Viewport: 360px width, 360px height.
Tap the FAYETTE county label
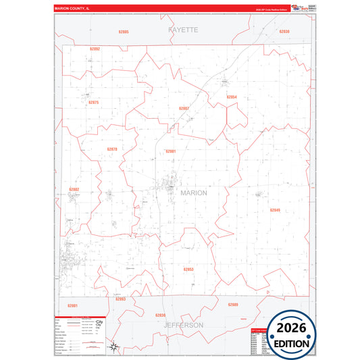click(x=184, y=30)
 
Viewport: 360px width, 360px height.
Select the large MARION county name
click(x=195, y=192)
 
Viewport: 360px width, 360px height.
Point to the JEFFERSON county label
click(x=183, y=325)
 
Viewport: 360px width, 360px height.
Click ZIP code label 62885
click(x=123, y=32)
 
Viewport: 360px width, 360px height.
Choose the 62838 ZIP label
click(x=284, y=32)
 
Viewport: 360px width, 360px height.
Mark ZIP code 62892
click(x=95, y=49)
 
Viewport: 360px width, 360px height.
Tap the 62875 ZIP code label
click(x=93, y=103)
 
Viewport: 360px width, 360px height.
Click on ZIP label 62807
click(x=184, y=108)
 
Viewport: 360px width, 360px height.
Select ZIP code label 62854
click(x=231, y=97)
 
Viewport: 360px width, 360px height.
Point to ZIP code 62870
click(x=112, y=149)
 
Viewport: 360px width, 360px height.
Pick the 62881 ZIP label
click(x=170, y=151)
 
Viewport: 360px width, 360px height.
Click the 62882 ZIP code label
click(x=74, y=189)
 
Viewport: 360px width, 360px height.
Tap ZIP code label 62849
click(x=275, y=211)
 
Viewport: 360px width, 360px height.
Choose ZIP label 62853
click(x=188, y=269)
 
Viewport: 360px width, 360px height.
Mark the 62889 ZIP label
click(x=233, y=305)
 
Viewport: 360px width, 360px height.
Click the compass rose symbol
click(x=115, y=347)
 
